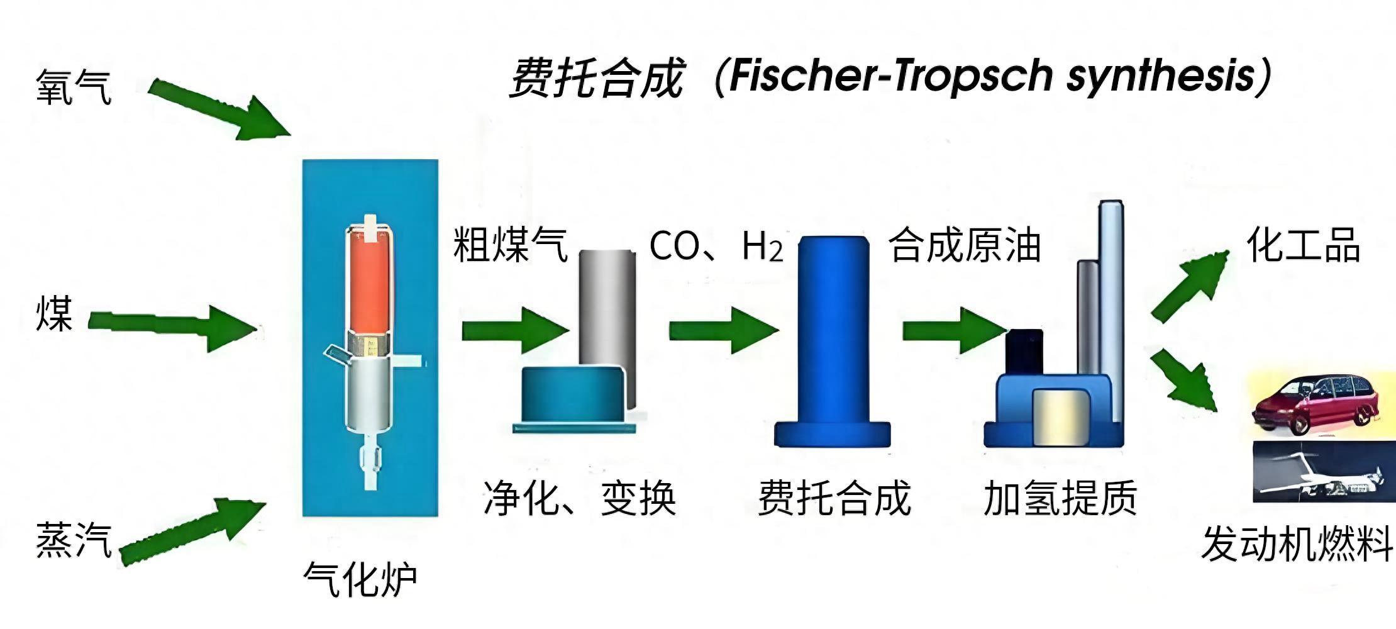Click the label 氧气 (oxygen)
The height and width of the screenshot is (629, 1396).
(x=74, y=87)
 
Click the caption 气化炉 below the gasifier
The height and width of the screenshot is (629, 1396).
(x=360, y=579)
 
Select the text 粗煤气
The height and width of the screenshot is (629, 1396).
(x=510, y=245)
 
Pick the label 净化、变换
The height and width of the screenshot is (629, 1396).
(x=579, y=499)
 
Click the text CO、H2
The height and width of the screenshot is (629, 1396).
(x=716, y=247)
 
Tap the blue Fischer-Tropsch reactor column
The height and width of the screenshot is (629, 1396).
(x=833, y=327)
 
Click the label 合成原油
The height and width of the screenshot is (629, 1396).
(x=964, y=245)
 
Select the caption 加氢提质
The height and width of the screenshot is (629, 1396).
(x=1060, y=498)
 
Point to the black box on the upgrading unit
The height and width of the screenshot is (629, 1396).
(x=1023, y=352)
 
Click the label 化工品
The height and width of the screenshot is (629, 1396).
(x=1303, y=245)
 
